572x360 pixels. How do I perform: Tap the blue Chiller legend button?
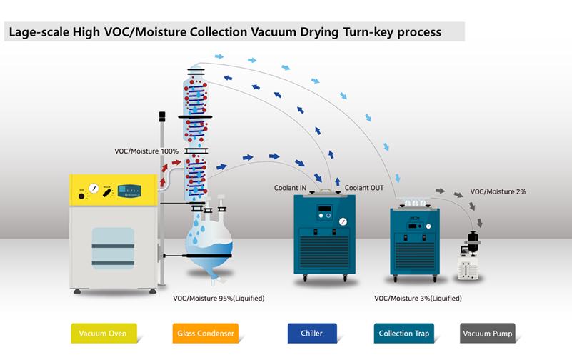tap(311, 334)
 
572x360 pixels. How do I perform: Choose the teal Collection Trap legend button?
tap(406, 334)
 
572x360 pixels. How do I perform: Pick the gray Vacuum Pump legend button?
tap(487, 334)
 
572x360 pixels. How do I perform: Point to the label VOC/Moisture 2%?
tap(498, 192)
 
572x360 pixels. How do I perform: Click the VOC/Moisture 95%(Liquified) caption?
tap(219, 298)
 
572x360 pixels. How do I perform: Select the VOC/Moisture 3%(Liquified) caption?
tap(418, 298)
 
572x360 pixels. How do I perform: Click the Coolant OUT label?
tap(364, 188)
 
